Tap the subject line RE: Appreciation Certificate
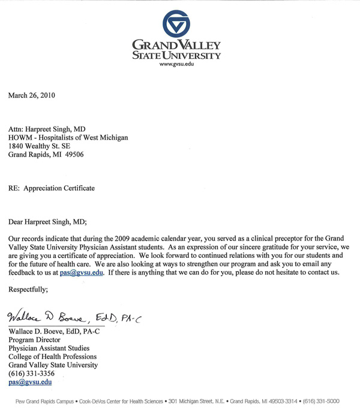51,188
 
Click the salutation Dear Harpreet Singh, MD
47,221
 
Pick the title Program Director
35,339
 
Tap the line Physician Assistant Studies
49,348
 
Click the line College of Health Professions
53,356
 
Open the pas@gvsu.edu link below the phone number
30,381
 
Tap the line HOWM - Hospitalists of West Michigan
68,137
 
